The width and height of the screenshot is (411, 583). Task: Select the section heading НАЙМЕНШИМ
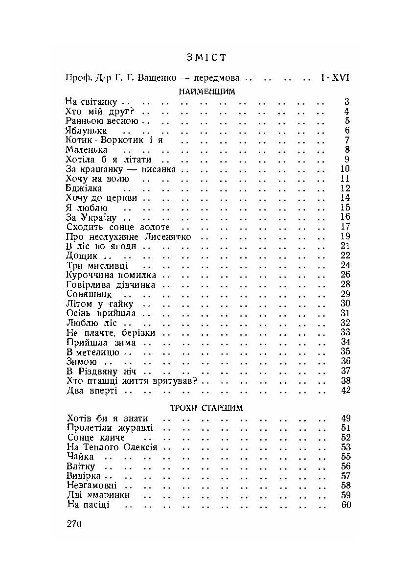[207, 92]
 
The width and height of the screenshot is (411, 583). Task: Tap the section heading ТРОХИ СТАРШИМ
[207, 407]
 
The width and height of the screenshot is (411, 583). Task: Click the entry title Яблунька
[86, 131]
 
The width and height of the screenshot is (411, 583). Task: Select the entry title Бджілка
[84, 188]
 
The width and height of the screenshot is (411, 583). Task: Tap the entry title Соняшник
[89, 294]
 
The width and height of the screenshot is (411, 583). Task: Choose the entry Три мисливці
[96, 265]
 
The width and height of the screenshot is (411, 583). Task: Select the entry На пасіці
[88, 505]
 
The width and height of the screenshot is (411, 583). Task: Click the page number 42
[345, 391]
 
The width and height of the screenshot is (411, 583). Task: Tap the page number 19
[345, 236]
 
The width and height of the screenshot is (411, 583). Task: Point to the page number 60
[345, 505]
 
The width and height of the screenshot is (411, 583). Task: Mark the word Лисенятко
[168, 236]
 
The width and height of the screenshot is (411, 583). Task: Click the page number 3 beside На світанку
[347, 102]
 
